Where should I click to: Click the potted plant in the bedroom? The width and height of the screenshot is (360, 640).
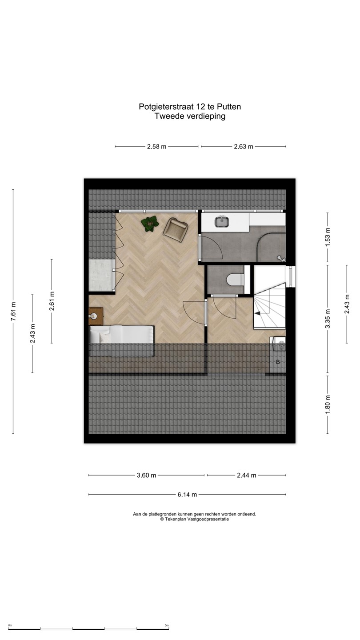150,224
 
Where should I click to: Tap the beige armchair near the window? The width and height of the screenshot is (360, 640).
175,230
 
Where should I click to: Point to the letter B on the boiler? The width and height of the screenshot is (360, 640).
278,362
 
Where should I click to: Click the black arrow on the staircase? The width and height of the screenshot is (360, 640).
257,313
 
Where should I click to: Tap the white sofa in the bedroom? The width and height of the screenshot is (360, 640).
122,340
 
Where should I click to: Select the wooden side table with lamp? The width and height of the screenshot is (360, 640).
96,316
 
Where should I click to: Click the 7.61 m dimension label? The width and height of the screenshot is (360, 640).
13,311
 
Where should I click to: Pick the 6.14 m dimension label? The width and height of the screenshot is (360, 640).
187,495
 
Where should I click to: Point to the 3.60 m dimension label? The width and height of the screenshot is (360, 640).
146,476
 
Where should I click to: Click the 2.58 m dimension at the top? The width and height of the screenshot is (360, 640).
156,147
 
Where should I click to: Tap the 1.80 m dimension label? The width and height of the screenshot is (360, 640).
328,404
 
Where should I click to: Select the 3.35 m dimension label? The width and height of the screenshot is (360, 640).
328,319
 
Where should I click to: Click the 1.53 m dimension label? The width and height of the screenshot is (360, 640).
328,237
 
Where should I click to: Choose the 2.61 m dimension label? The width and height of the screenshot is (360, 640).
52,301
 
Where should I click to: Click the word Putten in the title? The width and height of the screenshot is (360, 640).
229,107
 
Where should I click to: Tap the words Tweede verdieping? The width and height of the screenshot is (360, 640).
190,116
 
